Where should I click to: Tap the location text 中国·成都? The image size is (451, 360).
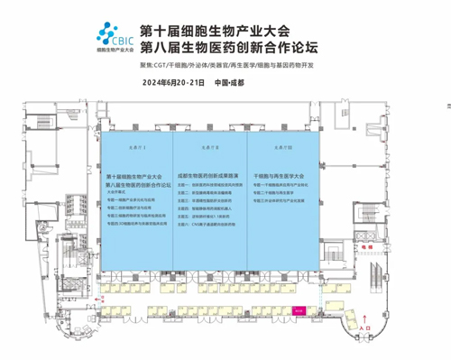[232, 82]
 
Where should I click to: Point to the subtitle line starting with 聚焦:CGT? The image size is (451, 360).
[255, 66]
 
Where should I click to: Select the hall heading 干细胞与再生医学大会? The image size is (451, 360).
[283, 173]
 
